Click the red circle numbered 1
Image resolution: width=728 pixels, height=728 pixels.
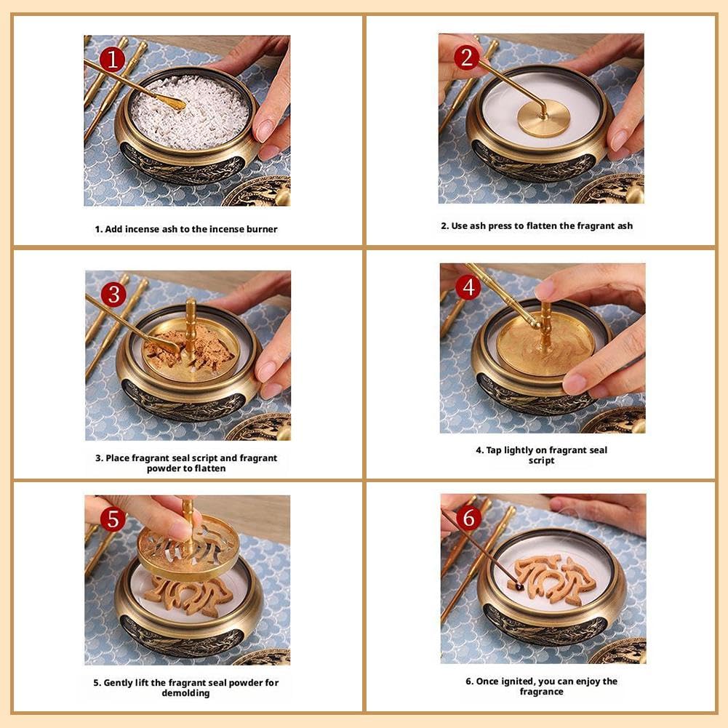tap(112, 60)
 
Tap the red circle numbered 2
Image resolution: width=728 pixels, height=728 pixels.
tap(467, 57)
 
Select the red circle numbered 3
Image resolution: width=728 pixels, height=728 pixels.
tap(113, 295)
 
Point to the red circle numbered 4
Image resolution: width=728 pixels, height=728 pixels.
tap(468, 287)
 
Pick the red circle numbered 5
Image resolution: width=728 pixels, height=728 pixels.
tap(113, 519)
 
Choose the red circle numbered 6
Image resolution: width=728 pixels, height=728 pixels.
tap(469, 517)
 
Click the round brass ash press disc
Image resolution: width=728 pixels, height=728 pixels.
tap(544, 118)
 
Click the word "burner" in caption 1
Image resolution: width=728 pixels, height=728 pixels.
tap(262, 229)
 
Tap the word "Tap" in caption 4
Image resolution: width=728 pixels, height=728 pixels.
tap(494, 450)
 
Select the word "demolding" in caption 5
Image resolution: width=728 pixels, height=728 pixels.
tap(185, 693)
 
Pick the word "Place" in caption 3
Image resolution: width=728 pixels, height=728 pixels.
tap(118, 457)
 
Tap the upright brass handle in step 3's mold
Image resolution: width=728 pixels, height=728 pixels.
tap(191, 324)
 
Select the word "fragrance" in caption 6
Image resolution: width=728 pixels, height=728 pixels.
tap(541, 692)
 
